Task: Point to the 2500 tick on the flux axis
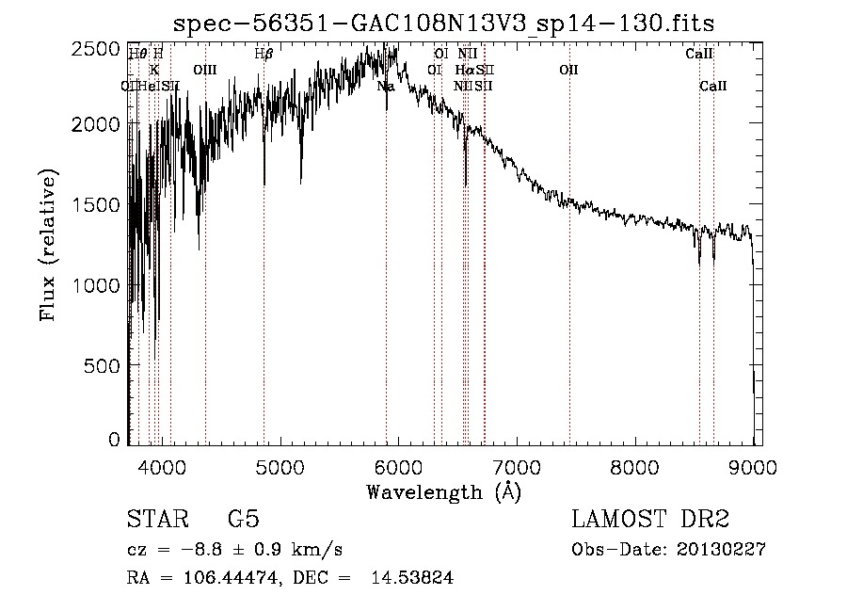pos(98,48)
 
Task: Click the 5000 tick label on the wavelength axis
pos(279,465)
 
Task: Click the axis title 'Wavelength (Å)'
pos(443,491)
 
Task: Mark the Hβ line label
pos(264,55)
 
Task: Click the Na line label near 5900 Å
pos(386,87)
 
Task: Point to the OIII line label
pos(205,70)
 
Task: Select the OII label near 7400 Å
pos(568,70)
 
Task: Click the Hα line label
pos(463,70)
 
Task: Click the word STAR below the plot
pos(155,520)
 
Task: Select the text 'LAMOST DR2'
pos(650,520)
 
